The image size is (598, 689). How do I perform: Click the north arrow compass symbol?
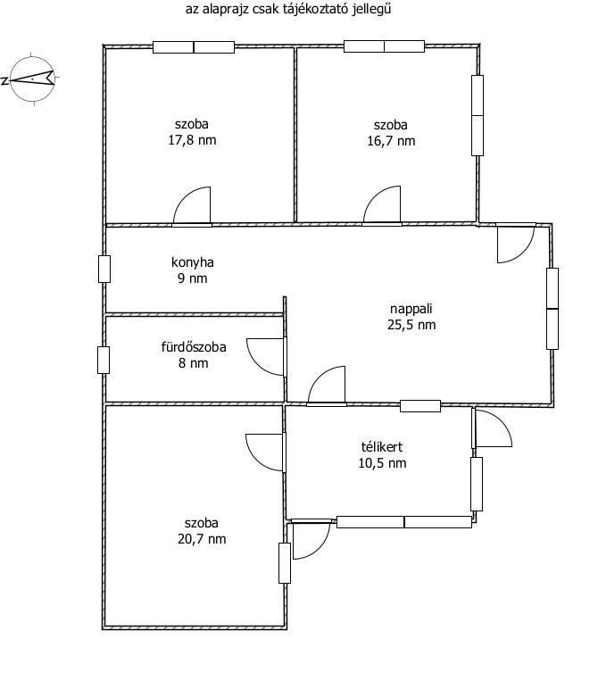(32, 79)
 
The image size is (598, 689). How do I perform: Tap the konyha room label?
(193, 262)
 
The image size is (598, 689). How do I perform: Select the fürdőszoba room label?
(194, 347)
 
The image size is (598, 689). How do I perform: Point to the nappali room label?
(411, 309)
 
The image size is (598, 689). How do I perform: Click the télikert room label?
(382, 447)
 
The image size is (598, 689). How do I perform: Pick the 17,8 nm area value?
(192, 140)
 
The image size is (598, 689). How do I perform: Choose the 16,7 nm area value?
(391, 141)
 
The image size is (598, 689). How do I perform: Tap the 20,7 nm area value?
(202, 539)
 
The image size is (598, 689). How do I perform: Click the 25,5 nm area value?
(411, 325)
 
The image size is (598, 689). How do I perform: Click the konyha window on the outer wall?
(104, 269)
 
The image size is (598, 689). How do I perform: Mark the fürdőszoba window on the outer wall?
(104, 361)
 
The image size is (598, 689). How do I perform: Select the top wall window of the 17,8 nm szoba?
(194, 47)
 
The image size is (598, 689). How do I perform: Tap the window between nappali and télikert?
(420, 406)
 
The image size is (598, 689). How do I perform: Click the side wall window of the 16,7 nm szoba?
(478, 115)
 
